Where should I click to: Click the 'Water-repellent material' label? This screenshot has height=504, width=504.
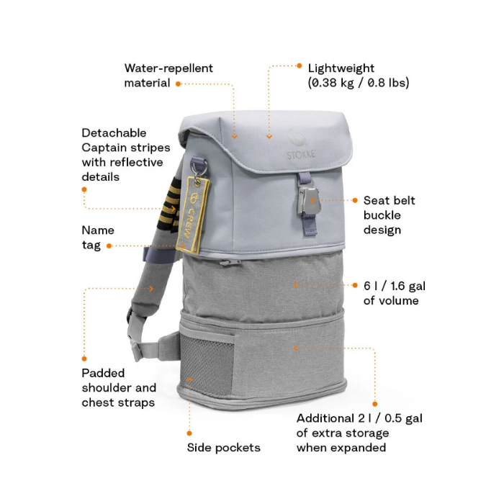(168, 76)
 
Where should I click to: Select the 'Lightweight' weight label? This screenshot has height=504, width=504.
(358, 76)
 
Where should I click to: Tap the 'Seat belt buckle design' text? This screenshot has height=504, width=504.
(389, 215)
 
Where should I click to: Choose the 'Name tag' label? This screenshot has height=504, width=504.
(98, 238)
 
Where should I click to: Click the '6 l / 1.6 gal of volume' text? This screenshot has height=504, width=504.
(390, 293)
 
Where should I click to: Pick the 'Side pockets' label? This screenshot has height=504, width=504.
(223, 448)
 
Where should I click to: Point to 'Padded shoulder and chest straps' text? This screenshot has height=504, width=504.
(118, 388)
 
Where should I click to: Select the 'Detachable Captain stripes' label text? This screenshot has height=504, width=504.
(125, 155)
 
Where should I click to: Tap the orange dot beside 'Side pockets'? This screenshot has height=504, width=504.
(189, 433)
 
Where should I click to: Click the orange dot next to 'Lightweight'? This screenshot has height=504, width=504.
(300, 66)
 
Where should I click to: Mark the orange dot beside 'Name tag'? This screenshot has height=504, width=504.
(109, 246)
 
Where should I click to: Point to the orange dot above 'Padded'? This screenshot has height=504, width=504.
(84, 358)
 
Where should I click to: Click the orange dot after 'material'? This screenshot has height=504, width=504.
(178, 84)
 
